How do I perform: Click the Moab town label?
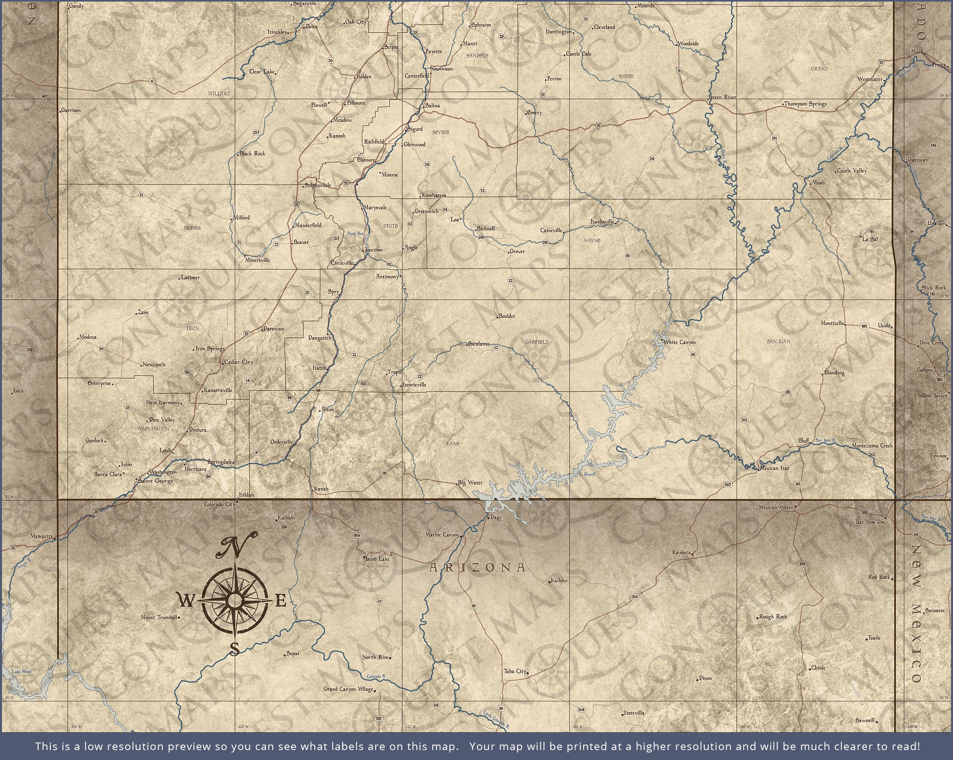818,183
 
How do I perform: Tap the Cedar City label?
239,362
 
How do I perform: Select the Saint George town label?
156,481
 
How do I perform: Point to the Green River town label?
722,97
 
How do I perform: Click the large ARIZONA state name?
477,568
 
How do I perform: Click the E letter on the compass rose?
281,601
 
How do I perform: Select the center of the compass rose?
234,600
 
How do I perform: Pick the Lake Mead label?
21,671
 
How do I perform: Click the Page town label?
496,518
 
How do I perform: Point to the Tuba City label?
515,671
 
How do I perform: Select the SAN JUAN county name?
778,341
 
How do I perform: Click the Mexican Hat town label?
774,468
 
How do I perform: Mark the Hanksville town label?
602,221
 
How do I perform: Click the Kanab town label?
321,489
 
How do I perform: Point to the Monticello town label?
832,323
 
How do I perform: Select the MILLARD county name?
219,94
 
